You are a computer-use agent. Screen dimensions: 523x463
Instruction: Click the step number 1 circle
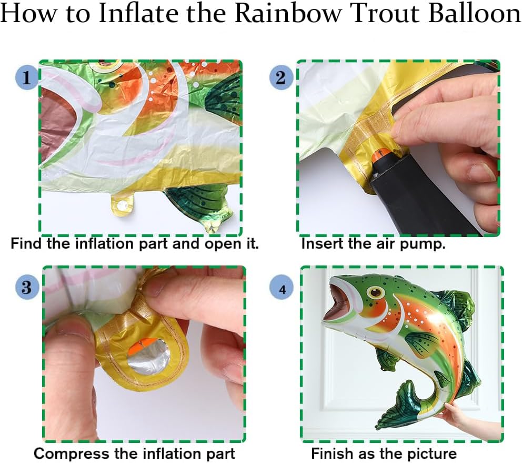[x=27, y=78]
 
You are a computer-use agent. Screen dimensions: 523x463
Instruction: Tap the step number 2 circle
[x=281, y=78]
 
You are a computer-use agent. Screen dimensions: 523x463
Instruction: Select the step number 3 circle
[x=27, y=288]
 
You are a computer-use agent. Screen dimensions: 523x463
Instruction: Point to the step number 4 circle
[x=282, y=287]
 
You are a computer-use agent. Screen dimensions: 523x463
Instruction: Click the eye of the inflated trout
[x=376, y=292]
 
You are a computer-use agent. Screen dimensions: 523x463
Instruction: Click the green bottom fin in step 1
[x=197, y=204]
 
